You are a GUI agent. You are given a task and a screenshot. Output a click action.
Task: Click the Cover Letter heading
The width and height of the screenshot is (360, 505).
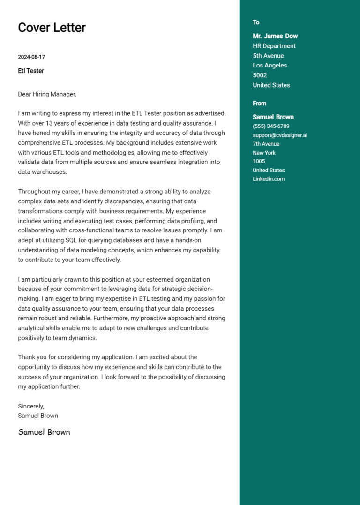(52, 28)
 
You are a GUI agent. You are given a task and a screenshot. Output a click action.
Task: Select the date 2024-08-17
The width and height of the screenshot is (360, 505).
(31, 57)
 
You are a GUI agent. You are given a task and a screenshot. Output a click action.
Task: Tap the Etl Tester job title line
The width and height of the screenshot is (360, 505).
(31, 71)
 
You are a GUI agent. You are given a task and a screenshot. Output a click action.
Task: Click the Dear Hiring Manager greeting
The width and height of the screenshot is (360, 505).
(47, 94)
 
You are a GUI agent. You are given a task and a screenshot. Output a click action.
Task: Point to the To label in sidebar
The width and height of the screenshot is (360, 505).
(256, 22)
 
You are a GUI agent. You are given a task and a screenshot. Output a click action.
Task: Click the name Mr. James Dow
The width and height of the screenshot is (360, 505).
(275, 36)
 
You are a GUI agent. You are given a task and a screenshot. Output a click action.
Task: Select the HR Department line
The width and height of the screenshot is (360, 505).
(274, 46)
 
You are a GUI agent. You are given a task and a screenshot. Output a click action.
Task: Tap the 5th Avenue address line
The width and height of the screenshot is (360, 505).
(268, 56)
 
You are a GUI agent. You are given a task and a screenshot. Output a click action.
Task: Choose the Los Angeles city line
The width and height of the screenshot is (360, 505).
(270, 66)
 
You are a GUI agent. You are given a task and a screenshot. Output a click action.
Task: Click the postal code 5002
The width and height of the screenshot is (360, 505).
(260, 75)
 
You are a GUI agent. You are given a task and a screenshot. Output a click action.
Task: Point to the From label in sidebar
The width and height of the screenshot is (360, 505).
(259, 104)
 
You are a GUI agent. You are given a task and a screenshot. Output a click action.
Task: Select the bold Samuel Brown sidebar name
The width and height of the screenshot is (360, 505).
(273, 117)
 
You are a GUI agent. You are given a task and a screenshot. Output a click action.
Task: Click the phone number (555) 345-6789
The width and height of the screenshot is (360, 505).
(271, 126)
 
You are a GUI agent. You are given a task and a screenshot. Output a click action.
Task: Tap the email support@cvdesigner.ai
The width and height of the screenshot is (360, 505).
(280, 135)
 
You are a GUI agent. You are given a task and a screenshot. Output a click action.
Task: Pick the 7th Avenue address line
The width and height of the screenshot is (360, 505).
(266, 144)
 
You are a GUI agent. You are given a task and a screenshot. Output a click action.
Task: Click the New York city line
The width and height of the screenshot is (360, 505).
(264, 153)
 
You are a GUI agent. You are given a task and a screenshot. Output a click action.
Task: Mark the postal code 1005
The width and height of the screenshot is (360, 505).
(259, 161)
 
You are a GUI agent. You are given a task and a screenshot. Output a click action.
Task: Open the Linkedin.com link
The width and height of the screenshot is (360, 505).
(269, 179)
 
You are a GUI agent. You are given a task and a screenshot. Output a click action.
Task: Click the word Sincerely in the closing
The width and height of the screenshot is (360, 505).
(31, 406)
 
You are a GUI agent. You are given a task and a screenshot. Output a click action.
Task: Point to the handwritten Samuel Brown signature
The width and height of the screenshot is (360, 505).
(44, 432)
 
